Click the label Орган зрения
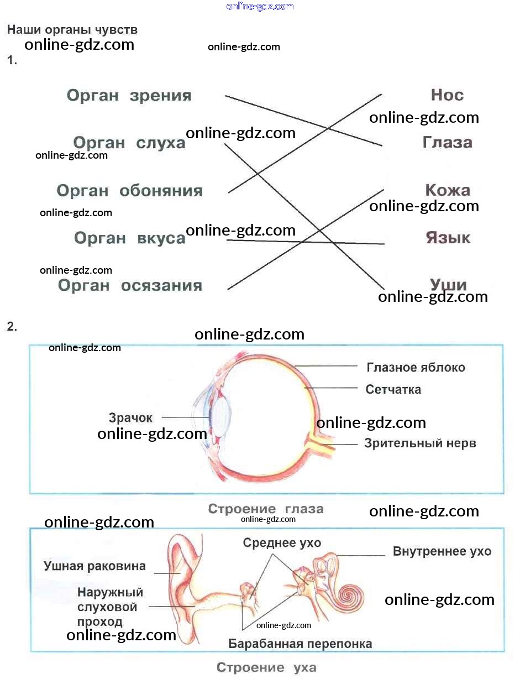pyautogui.click(x=129, y=96)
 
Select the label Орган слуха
pyautogui.click(x=129, y=143)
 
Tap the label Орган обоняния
pyautogui.click(x=129, y=191)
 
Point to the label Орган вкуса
pyautogui.click(x=129, y=239)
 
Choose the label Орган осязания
pyautogui.click(x=130, y=286)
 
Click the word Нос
pyautogui.click(x=447, y=95)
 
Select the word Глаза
pyautogui.click(x=447, y=143)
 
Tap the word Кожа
pyautogui.click(x=447, y=191)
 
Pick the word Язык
pyautogui.click(x=448, y=238)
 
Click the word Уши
pyautogui.click(x=448, y=285)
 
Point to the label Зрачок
pyautogui.click(x=130, y=418)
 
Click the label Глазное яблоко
pyautogui.click(x=416, y=368)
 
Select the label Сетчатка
pyautogui.click(x=393, y=390)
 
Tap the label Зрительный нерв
pyautogui.click(x=420, y=443)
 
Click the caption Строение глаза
pyautogui.click(x=265, y=509)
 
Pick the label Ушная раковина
pyautogui.click(x=94, y=566)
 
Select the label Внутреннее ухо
pyautogui.click(x=442, y=551)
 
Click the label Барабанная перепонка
pyautogui.click(x=300, y=644)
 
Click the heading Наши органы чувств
pyautogui.click(x=72, y=30)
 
